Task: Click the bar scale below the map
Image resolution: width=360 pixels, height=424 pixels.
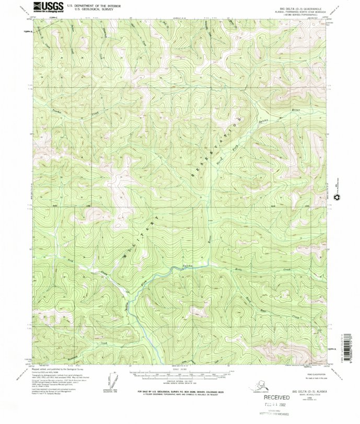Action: pyautogui.click(x=177, y=375)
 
